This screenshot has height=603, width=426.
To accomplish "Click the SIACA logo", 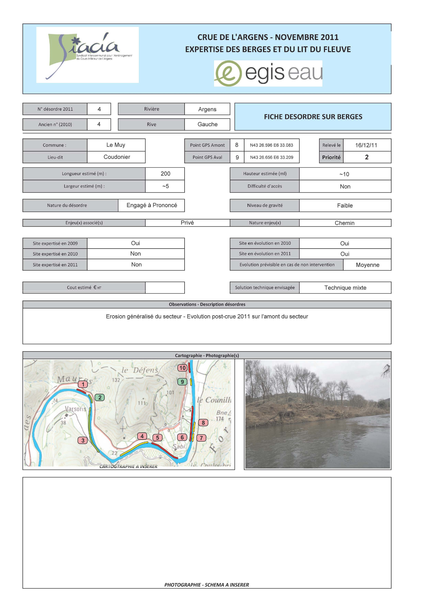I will (87, 55).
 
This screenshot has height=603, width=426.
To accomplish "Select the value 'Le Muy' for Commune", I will (116, 145).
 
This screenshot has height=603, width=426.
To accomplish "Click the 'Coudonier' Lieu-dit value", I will (117, 157).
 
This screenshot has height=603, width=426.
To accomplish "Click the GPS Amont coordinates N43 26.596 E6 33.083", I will (271, 145).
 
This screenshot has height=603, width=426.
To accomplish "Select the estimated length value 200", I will (165, 174).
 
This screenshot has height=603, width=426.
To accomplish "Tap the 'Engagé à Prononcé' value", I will (152, 205).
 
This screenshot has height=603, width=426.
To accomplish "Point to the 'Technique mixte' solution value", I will (345, 288).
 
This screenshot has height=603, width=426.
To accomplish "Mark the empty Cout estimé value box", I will (165, 287).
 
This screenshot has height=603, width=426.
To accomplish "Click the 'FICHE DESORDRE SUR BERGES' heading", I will (313, 117).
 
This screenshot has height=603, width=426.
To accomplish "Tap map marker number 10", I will (182, 368).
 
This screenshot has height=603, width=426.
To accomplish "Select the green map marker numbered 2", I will (100, 398).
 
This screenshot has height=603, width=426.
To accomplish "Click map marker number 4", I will (142, 436).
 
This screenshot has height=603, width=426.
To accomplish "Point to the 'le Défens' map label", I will (140, 370).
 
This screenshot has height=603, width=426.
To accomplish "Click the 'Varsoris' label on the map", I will (76, 409).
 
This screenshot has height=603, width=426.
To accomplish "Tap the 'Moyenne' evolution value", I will (367, 265).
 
